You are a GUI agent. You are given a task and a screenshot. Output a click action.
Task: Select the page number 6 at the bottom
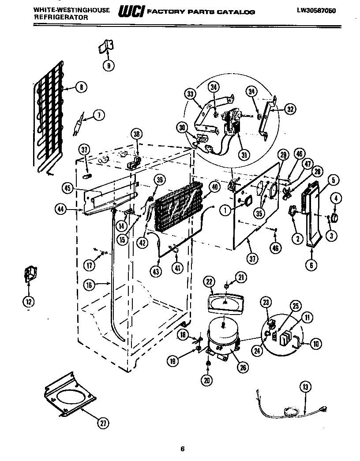(182, 449)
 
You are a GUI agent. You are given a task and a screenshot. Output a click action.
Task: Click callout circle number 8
(80, 87)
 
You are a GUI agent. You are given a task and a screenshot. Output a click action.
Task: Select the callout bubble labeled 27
(102, 424)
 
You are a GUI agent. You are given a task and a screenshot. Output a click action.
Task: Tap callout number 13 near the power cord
(305, 387)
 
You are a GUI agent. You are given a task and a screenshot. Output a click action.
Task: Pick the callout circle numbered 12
(29, 302)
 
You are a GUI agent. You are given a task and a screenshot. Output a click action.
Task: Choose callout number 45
(67, 188)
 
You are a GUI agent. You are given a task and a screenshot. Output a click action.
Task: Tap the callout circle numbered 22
(209, 281)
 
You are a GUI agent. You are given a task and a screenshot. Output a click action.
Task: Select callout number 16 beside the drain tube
(90, 285)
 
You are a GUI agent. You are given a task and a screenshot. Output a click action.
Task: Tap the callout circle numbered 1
(226, 211)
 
